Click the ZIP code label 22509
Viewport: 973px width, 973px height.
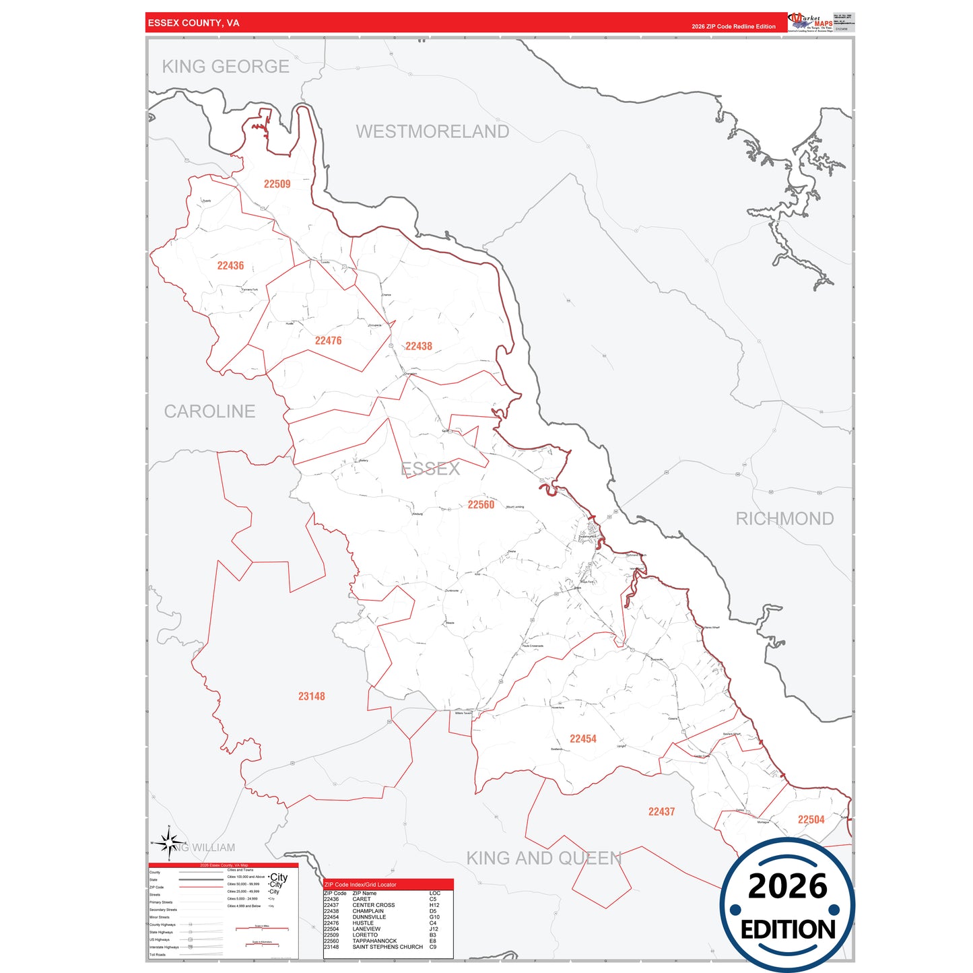[277, 184]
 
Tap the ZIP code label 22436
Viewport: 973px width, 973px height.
[230, 266]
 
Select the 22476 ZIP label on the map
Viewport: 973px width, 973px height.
[328, 341]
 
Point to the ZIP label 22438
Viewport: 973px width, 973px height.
[418, 346]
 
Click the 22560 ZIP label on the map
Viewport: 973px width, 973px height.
[481, 504]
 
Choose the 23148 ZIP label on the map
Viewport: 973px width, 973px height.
[311, 696]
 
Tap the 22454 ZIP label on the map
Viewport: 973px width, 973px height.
[582, 739]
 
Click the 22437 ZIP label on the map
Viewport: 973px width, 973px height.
[661, 812]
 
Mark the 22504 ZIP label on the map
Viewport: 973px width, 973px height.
[811, 819]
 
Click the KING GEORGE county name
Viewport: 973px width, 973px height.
[226, 67]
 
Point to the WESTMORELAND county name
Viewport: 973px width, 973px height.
[432, 131]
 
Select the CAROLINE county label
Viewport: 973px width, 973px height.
[209, 411]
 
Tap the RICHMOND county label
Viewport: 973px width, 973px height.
[784, 518]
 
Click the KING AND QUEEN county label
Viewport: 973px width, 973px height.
[544, 858]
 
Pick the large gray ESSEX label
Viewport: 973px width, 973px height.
[430, 469]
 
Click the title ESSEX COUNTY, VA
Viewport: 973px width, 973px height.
[193, 23]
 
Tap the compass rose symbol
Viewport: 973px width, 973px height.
[170, 843]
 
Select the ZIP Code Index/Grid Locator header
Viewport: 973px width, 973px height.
[360, 885]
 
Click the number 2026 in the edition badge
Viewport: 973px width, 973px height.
[787, 886]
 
